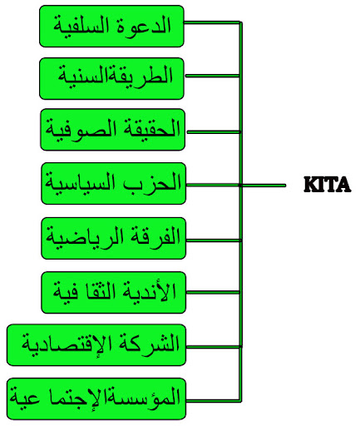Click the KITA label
click(328, 185)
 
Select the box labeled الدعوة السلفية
click(111, 26)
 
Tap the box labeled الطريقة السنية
click(111, 78)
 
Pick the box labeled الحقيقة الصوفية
click(113, 130)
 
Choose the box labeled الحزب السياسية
click(113, 184)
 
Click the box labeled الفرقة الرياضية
click(113, 239)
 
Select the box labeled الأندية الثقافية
click(113, 293)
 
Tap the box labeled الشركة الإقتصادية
click(96, 345)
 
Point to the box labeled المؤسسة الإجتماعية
click(96, 399)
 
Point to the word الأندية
click(147, 291)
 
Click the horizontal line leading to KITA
click(264, 185)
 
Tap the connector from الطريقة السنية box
click(213, 76)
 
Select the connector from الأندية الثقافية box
click(214, 292)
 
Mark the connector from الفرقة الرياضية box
click(214, 240)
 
